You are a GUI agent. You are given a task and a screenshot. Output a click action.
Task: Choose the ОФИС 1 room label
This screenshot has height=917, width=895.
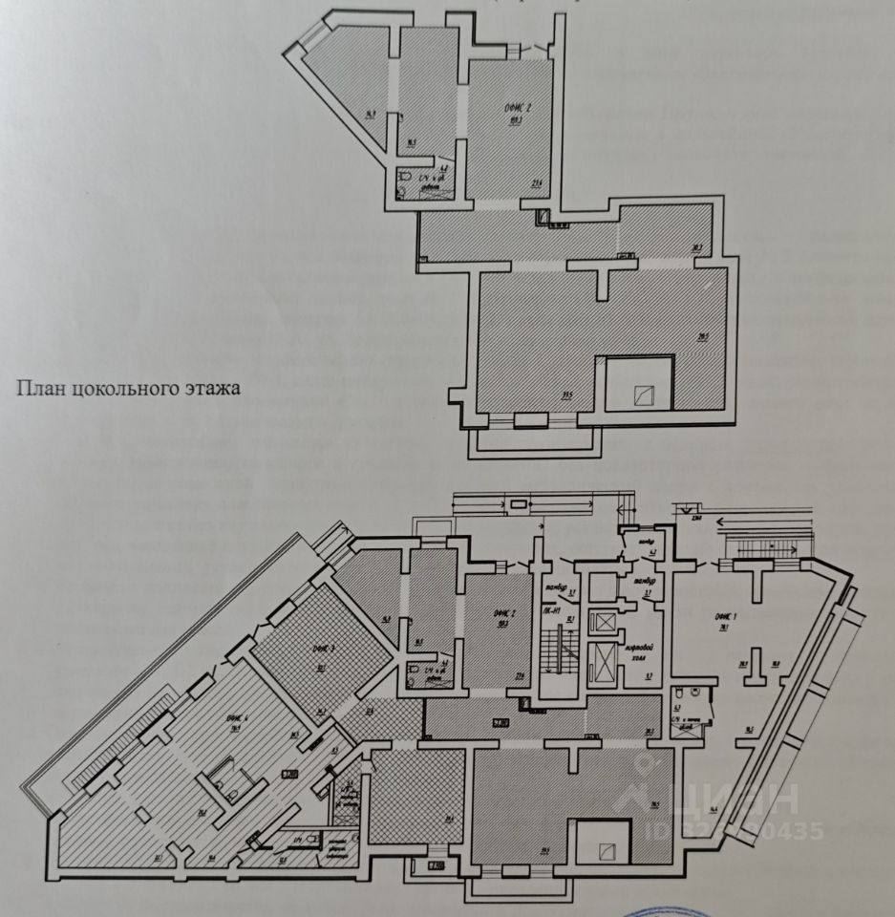click(x=726, y=617)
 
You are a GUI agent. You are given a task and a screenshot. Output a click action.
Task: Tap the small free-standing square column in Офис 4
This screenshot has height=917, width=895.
click(x=142, y=814)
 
